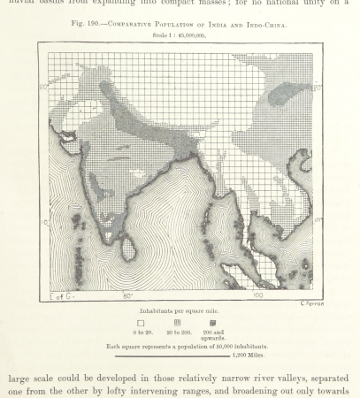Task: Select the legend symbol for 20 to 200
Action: [177, 324]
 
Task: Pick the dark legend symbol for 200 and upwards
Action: [216, 324]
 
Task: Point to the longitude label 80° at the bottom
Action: [127, 295]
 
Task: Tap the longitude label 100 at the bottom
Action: [257, 295]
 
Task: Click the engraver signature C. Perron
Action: [307, 303]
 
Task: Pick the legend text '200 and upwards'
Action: [217, 335]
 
